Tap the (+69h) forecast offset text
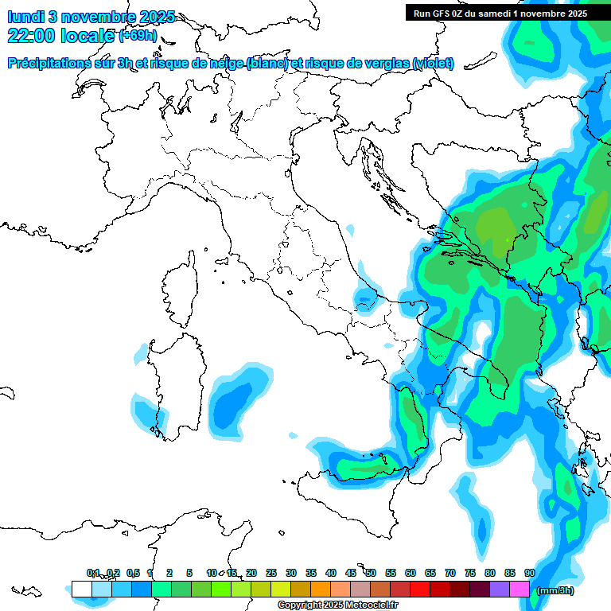point(137,36)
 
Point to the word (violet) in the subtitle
point(434,63)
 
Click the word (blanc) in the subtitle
point(267,63)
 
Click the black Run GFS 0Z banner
point(500,13)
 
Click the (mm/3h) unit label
point(555,590)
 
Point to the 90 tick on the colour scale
point(529,573)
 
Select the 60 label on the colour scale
point(411,573)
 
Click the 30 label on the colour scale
point(291,573)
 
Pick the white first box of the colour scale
point(81,589)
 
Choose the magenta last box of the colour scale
point(520,589)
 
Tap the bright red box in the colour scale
point(420,589)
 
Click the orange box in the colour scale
point(321,589)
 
